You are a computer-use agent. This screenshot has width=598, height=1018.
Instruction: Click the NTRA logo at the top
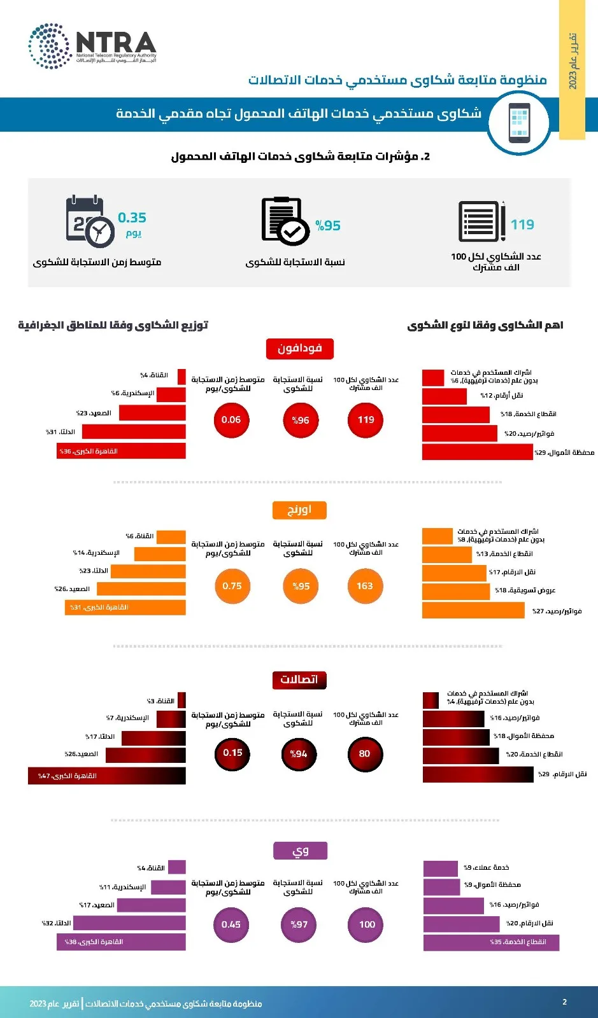tap(92, 46)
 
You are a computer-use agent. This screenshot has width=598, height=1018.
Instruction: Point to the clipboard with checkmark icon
tap(285, 221)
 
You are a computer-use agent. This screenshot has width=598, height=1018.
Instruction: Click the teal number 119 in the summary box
tap(522, 225)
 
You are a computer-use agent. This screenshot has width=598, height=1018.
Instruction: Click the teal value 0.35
tap(132, 218)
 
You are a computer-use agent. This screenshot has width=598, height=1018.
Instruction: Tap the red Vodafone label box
tap(299, 348)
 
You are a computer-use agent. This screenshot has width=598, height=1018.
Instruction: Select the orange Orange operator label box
tap(299, 510)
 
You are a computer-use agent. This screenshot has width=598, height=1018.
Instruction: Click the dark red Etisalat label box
tap(299, 680)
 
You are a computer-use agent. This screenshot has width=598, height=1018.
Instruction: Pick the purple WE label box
tap(300, 851)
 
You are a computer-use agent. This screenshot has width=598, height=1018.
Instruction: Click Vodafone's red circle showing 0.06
tap(231, 420)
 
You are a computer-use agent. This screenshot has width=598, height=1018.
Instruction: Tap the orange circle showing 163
tap(365, 586)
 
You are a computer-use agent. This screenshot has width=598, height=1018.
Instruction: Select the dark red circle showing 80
tap(364, 753)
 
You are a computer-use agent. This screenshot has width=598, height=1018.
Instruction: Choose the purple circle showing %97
tap(299, 924)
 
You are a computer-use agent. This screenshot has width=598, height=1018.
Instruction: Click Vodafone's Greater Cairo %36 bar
tap(121, 451)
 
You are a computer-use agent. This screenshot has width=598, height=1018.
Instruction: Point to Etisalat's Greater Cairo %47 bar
tap(107, 776)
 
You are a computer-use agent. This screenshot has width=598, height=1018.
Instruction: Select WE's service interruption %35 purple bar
tap(491, 942)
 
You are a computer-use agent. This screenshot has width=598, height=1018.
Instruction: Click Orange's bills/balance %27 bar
tap(474, 611)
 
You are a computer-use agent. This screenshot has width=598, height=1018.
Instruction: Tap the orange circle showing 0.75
tap(232, 586)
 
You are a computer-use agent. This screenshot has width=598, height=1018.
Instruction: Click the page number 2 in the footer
tap(564, 1002)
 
